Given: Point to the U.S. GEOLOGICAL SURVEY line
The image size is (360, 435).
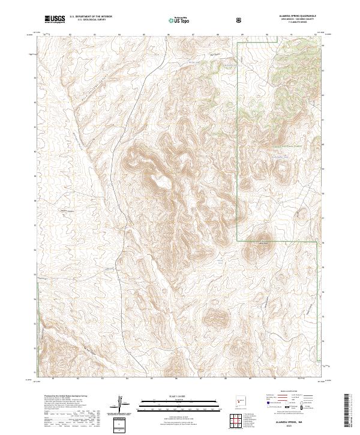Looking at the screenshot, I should [x=88, y=21].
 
